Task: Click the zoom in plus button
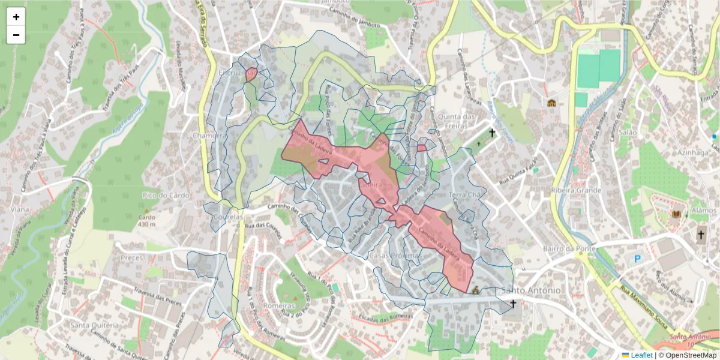tap(16, 17)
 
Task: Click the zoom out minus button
tap(16, 35)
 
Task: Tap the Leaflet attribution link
tap(641, 355)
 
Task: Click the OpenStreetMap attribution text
tap(691, 355)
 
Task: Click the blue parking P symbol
tap(637, 259)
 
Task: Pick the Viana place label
tap(20, 209)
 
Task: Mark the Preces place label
tap(132, 257)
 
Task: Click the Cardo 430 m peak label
tap(147, 221)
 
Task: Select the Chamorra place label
tap(209, 136)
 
